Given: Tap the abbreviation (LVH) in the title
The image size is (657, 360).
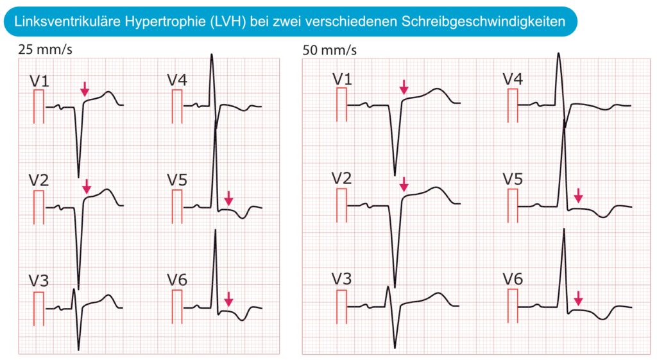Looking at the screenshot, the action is pyautogui.click(x=228, y=21).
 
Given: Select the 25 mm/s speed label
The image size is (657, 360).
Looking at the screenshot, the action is pyautogui.click(x=46, y=49).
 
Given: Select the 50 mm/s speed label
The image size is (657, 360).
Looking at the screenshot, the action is pyautogui.click(x=329, y=50).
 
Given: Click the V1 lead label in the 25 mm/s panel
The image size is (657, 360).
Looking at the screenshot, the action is pyautogui.click(x=39, y=81).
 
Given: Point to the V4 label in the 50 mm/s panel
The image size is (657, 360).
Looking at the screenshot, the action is pyautogui.click(x=513, y=79).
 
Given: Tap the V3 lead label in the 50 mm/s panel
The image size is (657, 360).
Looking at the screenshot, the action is pyautogui.click(x=341, y=279).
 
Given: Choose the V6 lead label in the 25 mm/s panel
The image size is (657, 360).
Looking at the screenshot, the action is pyautogui.click(x=177, y=280).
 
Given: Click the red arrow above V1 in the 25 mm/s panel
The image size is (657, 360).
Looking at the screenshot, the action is pyautogui.click(x=85, y=89).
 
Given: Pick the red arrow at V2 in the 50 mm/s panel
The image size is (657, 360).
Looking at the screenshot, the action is pyautogui.click(x=404, y=184).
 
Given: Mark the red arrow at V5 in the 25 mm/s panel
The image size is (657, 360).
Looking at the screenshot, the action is pyautogui.click(x=228, y=198).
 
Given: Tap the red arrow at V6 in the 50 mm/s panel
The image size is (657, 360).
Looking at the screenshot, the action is pyautogui.click(x=578, y=298).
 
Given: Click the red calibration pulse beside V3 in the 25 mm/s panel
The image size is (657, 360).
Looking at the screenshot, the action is pyautogui.click(x=38, y=309).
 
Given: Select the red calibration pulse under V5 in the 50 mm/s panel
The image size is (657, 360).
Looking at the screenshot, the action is pyautogui.click(x=513, y=206).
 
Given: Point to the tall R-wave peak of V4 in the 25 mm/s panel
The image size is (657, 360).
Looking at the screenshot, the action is pyautogui.click(x=212, y=55).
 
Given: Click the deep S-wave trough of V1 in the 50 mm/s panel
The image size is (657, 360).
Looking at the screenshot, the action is pyautogui.click(x=395, y=175).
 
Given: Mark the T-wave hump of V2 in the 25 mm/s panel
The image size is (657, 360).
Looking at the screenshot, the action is pyautogui.click(x=108, y=191).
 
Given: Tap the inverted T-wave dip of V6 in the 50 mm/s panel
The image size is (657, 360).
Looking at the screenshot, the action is pyautogui.click(x=602, y=318).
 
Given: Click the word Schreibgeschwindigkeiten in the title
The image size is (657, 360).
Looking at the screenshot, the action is pyautogui.click(x=483, y=21).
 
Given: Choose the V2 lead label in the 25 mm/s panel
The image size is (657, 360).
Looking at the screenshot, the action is pyautogui.click(x=39, y=180).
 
